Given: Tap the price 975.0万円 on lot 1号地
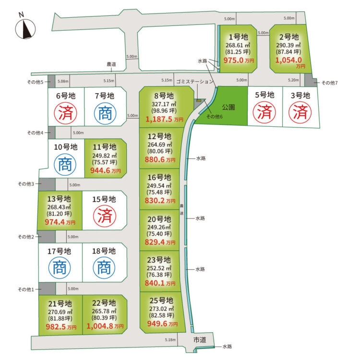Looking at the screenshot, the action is point(239,60).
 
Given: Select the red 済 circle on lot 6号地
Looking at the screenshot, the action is point(65,113).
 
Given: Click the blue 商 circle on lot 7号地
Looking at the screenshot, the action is point(105,113).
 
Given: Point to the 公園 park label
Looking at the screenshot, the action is point(228,107).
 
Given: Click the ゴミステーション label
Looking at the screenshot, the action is point(195,82).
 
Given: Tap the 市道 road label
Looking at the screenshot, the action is point(200,340).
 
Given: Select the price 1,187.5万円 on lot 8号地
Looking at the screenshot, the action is point(164,119).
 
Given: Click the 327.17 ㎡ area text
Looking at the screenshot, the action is point(164,104).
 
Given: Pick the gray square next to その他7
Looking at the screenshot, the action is point(311,80).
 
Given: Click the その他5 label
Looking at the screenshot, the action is point(35,82).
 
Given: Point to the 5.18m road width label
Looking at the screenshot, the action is point(170,339).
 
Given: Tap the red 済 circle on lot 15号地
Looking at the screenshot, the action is point(105,216).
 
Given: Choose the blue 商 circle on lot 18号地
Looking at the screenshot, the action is point(104,268).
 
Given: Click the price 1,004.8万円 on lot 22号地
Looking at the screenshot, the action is point(105,326).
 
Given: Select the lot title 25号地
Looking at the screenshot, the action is point(161,300).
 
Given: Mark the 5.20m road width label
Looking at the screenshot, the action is point(293,80).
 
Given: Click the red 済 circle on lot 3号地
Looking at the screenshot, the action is point(300,112).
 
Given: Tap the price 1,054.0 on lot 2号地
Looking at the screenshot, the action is point(288,60).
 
